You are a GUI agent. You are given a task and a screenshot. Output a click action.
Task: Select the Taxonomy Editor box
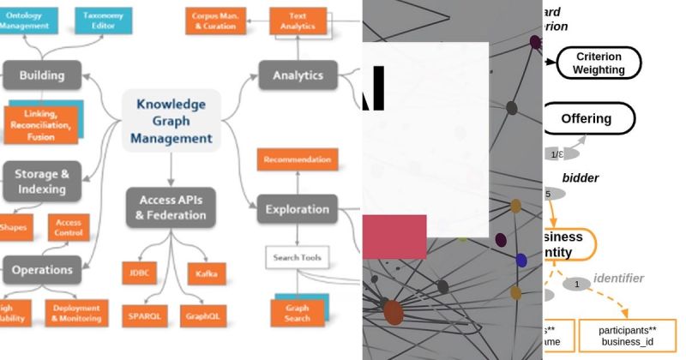[x=103, y=21]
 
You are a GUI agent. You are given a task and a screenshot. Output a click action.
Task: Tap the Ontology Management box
[x=28, y=21]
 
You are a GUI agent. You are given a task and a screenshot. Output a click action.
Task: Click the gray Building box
[x=42, y=75]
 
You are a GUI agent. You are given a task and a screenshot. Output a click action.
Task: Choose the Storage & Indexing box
[x=40, y=180]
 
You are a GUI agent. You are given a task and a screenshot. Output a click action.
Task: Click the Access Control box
[x=68, y=227]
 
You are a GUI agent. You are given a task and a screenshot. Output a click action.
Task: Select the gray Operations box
[x=42, y=270]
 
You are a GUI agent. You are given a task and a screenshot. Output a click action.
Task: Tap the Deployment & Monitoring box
[x=76, y=313]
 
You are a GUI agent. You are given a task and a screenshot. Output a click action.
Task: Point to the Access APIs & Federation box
[x=171, y=207]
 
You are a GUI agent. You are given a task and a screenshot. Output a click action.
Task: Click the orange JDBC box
[x=139, y=273]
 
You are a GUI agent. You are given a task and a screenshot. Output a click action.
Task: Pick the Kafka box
[x=206, y=273]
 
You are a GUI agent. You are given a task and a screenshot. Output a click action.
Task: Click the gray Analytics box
[x=298, y=75]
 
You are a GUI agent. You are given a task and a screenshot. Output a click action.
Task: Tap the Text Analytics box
[x=298, y=21]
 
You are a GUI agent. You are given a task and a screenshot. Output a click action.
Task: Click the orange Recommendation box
[x=298, y=159]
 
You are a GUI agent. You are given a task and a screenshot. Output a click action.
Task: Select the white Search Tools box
[x=298, y=257]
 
